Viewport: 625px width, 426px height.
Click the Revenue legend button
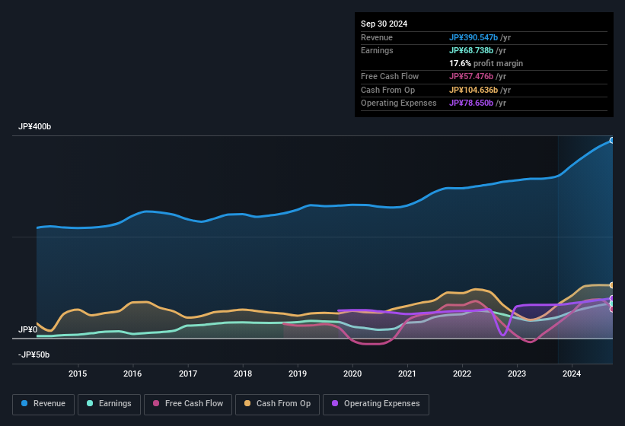[43, 404]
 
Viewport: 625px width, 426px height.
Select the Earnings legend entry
[109, 404]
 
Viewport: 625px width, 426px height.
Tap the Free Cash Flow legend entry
[188, 404]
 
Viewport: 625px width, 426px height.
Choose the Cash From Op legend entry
[278, 404]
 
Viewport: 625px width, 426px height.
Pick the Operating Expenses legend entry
[376, 404]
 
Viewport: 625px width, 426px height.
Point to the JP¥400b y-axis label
[35, 126]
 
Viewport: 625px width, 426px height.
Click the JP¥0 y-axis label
[27, 329]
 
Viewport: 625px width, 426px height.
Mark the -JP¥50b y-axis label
[35, 354]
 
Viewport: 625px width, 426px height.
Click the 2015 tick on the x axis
[78, 374]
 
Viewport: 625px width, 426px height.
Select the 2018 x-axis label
[242, 374]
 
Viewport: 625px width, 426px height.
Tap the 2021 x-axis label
[407, 374]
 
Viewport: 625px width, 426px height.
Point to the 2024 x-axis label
[572, 374]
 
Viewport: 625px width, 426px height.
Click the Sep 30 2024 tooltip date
[384, 24]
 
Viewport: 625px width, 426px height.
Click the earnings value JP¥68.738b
[474, 50]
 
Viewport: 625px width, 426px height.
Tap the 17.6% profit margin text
[486, 63]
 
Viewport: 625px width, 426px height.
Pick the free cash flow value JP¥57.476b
[474, 76]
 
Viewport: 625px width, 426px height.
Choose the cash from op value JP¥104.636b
[477, 90]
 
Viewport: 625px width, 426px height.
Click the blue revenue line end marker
[612, 140]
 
